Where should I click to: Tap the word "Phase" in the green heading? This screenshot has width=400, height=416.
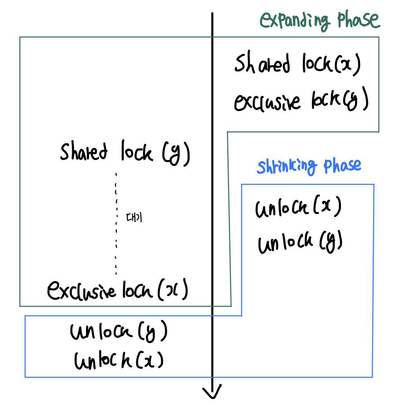(x=358, y=20)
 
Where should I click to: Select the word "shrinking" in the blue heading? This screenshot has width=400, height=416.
(x=287, y=167)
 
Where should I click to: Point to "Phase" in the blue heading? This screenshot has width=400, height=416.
(x=342, y=166)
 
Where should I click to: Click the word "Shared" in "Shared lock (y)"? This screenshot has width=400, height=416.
(x=84, y=152)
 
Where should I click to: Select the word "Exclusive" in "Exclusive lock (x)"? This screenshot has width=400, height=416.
(x=82, y=290)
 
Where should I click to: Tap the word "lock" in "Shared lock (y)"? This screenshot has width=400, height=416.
(x=137, y=152)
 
